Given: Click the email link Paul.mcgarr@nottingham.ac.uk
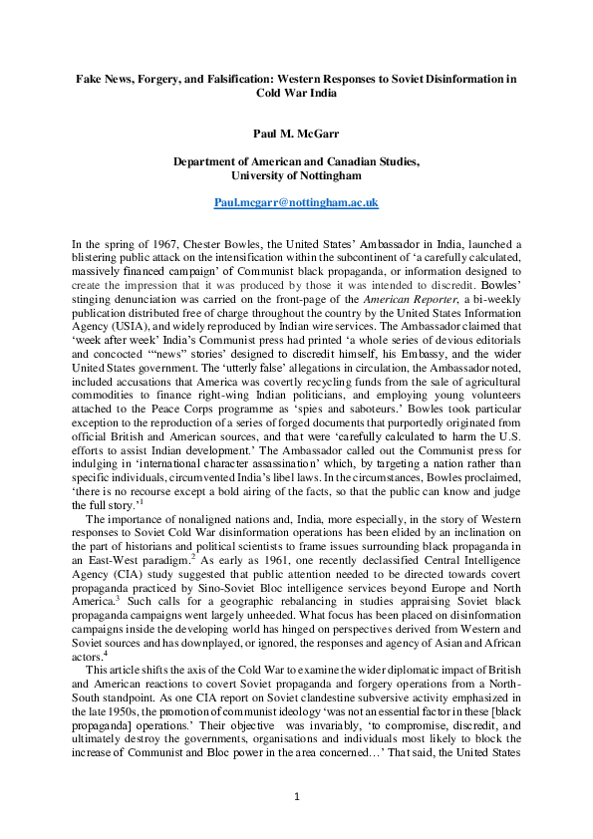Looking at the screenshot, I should [296, 202].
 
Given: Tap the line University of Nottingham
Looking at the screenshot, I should [296, 174].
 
